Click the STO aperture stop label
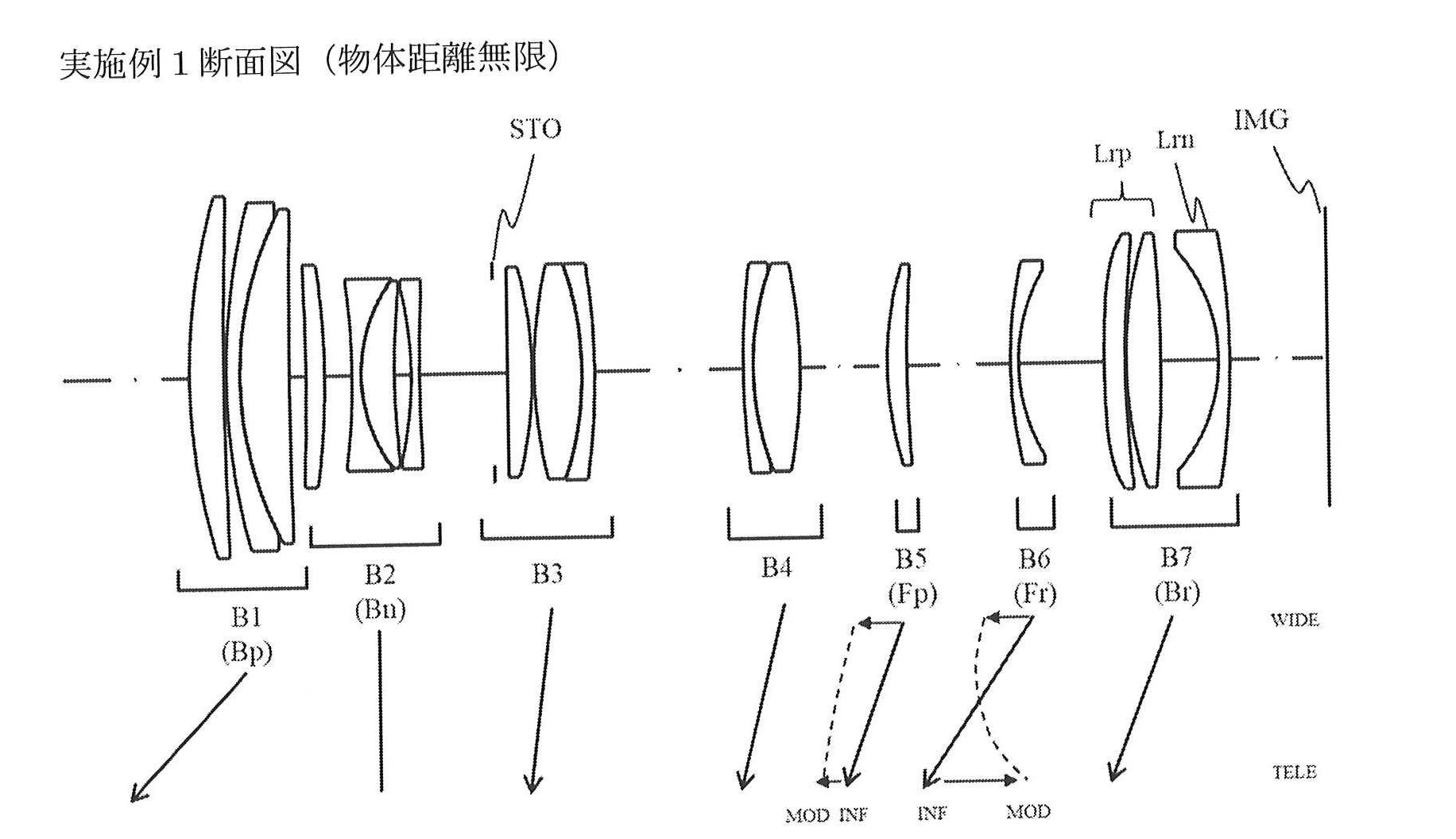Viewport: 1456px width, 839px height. coord(535,130)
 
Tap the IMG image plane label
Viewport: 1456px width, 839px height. coord(1260,120)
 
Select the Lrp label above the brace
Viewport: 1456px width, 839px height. coord(1112,153)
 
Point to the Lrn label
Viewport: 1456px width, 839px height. coord(1175,141)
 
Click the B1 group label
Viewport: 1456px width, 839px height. coord(246,617)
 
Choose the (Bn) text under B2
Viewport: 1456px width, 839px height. coord(380,609)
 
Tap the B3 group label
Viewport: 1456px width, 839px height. coord(547,574)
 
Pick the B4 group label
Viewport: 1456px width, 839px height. coord(776,567)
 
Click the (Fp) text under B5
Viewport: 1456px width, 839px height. coord(912,593)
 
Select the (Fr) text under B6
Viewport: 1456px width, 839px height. coord(1035,593)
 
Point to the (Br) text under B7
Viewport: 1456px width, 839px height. coord(1177,592)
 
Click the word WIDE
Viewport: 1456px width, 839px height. coord(1295,621)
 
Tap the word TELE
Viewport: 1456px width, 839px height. coord(1295,772)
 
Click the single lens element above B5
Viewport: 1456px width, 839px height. coord(901,365)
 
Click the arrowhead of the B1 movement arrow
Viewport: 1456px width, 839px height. coord(137,795)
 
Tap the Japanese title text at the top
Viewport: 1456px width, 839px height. coord(310,60)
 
